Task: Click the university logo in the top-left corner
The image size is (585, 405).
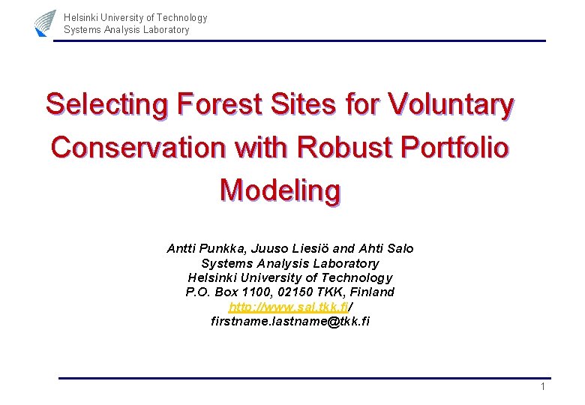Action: click(x=45, y=22)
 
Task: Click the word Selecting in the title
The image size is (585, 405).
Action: click(x=107, y=104)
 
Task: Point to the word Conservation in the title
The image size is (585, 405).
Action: click(x=138, y=147)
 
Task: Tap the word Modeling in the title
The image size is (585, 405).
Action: click(x=280, y=190)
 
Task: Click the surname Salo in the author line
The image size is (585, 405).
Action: click(x=398, y=248)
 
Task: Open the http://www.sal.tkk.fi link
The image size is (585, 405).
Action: click(x=288, y=307)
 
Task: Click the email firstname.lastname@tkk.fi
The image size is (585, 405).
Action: click(x=290, y=321)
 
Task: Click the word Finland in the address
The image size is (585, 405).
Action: click(x=370, y=292)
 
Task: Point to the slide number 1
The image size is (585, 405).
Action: click(x=542, y=386)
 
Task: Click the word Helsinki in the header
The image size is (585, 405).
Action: click(x=81, y=17)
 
